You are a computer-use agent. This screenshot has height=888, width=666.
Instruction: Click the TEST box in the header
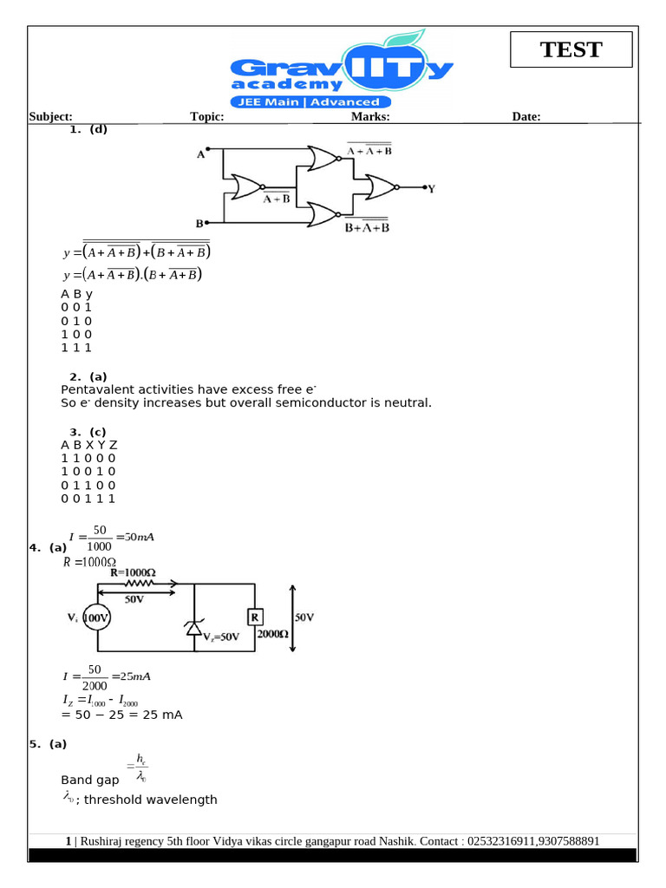[571, 49]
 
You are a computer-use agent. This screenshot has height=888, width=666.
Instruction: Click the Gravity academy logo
[342, 73]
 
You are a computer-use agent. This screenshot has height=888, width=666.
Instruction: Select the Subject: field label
[50, 117]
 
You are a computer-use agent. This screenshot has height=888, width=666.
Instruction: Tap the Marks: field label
[370, 117]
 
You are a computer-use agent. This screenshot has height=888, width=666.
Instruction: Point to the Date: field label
[526, 117]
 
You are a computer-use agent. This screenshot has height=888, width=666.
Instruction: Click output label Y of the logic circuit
[431, 187]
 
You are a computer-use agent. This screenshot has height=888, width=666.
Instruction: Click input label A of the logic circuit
[200, 154]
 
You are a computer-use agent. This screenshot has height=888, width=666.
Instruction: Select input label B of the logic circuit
[199, 223]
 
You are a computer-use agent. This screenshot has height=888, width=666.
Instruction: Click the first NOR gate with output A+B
[246, 186]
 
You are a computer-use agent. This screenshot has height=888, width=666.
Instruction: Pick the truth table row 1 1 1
[76, 348]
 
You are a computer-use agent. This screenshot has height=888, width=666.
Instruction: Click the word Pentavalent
[97, 389]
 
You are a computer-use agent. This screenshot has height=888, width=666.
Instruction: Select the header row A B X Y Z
[88, 445]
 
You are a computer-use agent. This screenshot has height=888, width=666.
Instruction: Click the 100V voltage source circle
[97, 617]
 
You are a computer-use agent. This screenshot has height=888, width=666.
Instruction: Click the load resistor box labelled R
[256, 617]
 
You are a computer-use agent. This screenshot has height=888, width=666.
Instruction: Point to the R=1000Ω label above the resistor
[133, 572]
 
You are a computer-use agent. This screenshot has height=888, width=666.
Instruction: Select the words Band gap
[90, 780]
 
